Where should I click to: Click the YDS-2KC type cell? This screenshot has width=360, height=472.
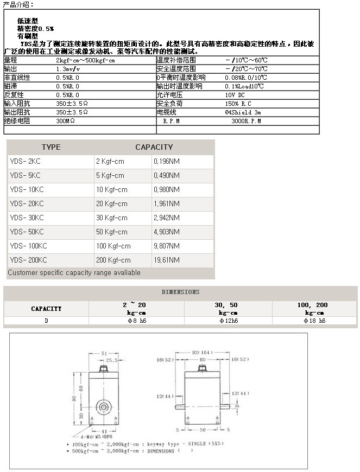point(25,161)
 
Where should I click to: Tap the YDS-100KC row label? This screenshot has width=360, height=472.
point(28,246)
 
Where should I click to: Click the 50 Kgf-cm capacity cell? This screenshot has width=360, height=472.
point(112,232)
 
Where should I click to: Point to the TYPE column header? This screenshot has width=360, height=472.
point(51,147)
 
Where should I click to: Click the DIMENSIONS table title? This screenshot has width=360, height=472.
point(180,292)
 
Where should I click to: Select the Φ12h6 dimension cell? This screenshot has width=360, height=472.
point(228,321)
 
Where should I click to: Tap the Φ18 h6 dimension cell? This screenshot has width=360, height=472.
point(314,321)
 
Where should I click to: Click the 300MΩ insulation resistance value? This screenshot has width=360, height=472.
point(66,121)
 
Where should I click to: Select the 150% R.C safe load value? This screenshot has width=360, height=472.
point(239,104)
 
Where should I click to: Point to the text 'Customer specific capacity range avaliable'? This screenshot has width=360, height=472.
point(74,272)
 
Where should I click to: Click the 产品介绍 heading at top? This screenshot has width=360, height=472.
point(18,4)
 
